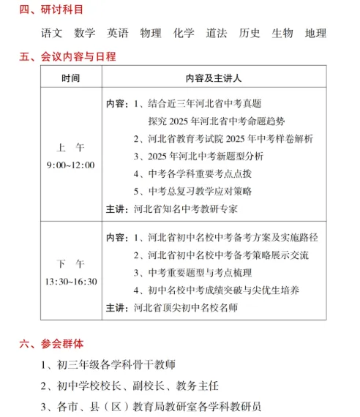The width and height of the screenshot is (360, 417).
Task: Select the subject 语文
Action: coord(53,33)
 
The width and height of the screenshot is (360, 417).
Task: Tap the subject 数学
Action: coord(85,33)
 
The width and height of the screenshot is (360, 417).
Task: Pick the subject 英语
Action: coord(118,33)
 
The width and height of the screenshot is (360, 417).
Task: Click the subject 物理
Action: coord(151,33)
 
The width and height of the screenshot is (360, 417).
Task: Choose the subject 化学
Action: coord(184,33)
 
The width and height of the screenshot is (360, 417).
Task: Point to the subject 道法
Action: coord(217,33)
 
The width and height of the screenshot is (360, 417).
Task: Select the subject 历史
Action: coord(250,33)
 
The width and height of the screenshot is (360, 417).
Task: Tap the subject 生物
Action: coord(282,33)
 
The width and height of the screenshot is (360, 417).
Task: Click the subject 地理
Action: coord(315,33)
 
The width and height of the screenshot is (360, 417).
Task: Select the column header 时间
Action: coord(70,77)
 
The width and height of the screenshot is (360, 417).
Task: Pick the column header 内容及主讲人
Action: coord(214,77)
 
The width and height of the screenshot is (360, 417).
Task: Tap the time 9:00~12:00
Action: coord(70,165)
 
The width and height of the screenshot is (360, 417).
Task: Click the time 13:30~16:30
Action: coord(70,281)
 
